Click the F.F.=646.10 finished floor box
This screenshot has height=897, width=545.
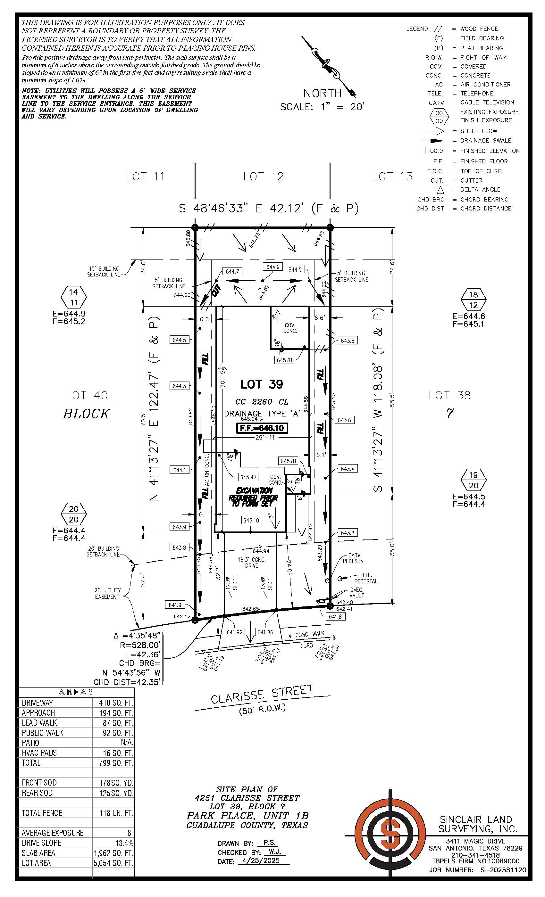point(262,428)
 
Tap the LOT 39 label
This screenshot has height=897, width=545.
point(262,384)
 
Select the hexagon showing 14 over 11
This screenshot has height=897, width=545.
point(74,297)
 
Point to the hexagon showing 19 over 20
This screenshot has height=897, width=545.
point(473,480)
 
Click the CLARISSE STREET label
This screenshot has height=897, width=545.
point(262,694)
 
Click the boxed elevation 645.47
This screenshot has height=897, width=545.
point(248,477)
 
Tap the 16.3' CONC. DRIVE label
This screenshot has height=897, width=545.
point(251,563)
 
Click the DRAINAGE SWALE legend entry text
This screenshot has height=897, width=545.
point(486,141)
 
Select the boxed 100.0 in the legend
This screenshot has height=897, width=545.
point(435,151)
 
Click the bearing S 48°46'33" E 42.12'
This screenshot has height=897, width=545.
point(269,208)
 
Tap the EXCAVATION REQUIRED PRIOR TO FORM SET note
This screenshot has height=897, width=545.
point(254,497)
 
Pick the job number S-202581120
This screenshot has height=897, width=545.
point(503,870)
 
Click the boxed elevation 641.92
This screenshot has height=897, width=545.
point(234,632)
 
